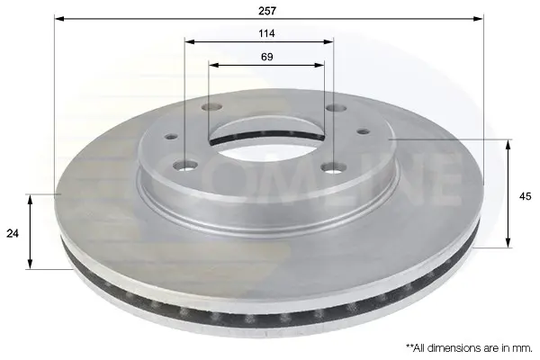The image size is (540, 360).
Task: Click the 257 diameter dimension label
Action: (267, 11)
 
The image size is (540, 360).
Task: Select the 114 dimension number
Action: (267, 33)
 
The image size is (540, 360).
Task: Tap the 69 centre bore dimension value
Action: (267, 57)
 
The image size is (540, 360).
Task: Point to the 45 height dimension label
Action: (525, 196)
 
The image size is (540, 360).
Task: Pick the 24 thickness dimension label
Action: (13, 233)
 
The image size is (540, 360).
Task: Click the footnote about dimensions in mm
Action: (469, 348)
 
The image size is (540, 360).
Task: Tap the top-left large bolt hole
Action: (211, 107)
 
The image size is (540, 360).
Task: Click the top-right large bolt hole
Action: (336, 109)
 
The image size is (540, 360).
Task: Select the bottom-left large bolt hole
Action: (184, 166)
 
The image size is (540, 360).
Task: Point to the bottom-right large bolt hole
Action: (334, 167)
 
